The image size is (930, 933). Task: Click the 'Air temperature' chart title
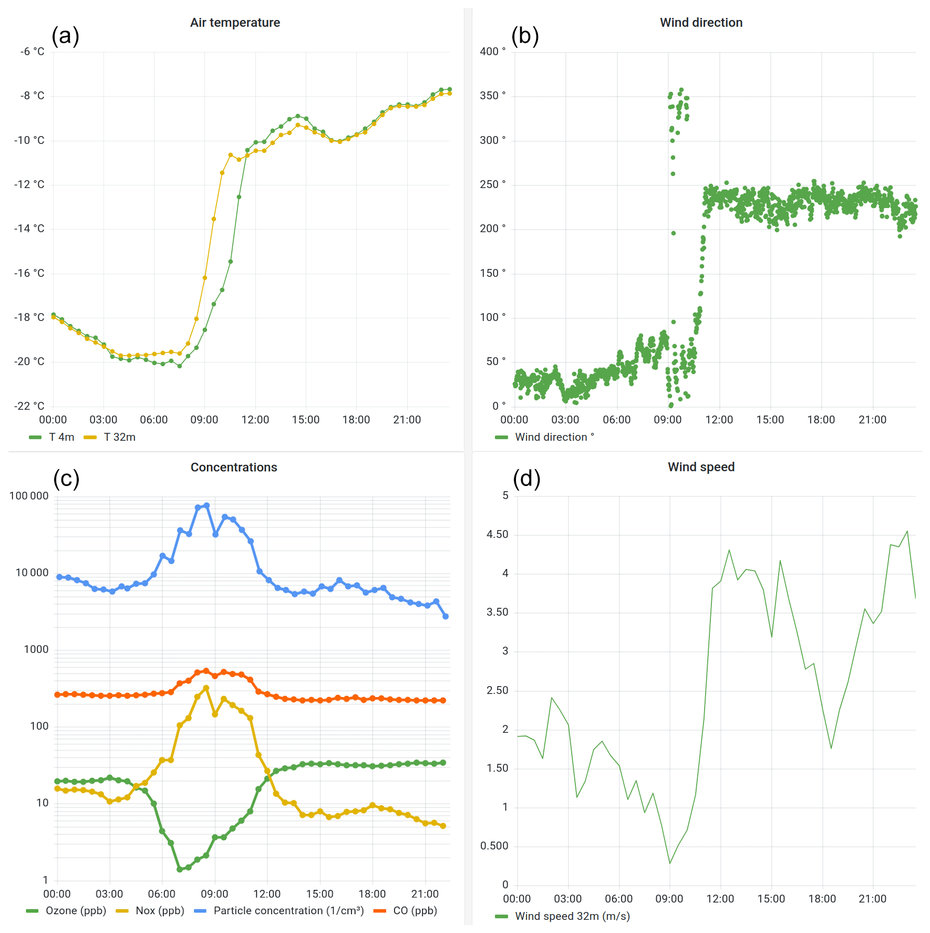tap(235, 23)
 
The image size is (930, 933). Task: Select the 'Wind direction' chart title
tap(701, 23)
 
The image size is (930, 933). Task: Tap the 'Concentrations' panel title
tap(234, 467)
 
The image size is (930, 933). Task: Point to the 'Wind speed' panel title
tap(701, 467)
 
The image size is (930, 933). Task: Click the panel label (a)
tap(65, 36)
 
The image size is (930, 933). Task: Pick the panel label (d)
tap(526, 479)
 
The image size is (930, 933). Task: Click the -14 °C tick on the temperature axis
tap(29, 229)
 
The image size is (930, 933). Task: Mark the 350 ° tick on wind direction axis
tap(492, 96)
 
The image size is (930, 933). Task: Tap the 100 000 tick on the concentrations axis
tap(29, 496)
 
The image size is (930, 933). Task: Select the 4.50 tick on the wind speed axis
tap(497, 534)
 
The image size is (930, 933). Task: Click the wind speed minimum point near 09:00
tap(670, 863)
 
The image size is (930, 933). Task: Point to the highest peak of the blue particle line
tap(206, 505)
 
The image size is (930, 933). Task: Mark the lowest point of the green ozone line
tap(180, 869)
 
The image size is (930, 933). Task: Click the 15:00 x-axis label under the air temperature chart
tap(306, 420)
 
